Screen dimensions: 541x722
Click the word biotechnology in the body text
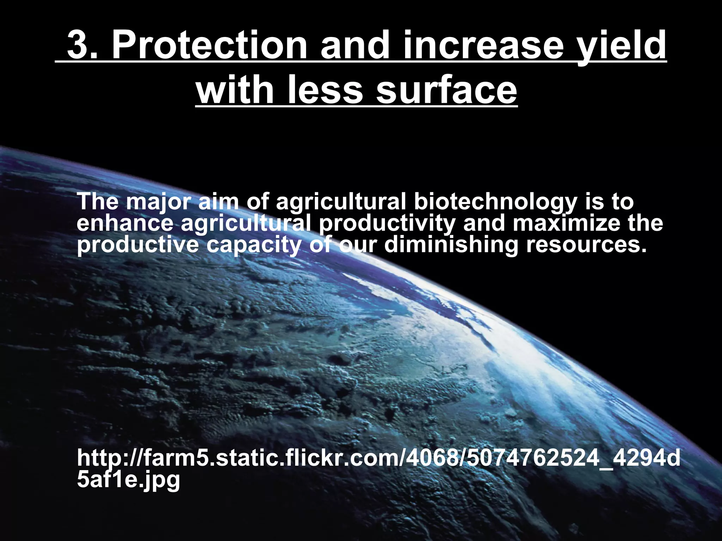495,203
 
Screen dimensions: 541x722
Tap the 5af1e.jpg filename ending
128,480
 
